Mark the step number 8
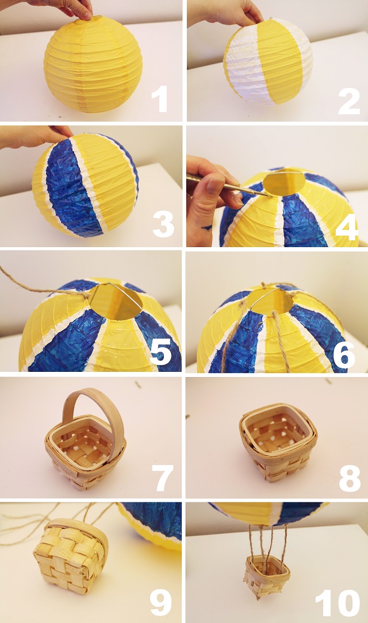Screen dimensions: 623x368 click(350, 478)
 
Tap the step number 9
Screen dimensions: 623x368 click(160, 601)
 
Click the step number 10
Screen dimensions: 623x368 click(338, 601)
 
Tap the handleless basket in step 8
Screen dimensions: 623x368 click(278, 443)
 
